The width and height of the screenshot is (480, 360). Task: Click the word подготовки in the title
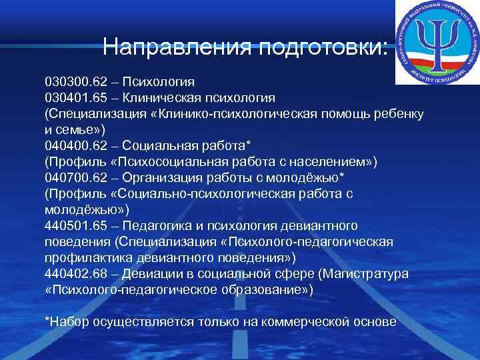[x=321, y=48]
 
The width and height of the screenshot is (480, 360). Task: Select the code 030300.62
[x=74, y=82]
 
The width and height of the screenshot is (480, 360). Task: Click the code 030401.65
[x=74, y=97]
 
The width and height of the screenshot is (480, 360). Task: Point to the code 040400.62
[x=74, y=146]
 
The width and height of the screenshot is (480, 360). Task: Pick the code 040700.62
[x=74, y=178]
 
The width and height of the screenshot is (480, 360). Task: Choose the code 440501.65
[x=74, y=225]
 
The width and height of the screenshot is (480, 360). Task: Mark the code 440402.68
[x=74, y=274]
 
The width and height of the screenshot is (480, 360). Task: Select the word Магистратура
[x=373, y=274]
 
